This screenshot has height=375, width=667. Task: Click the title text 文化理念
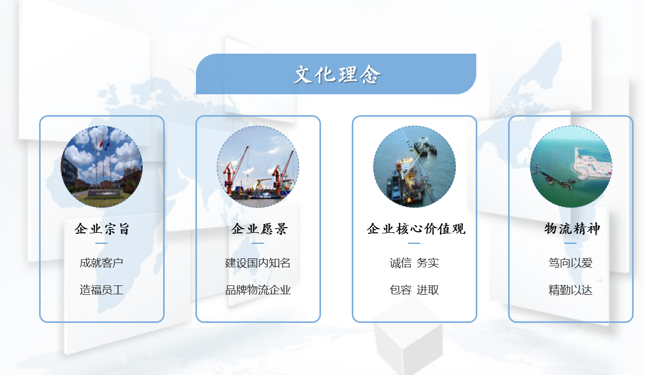(337, 74)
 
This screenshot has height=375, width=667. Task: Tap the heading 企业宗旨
(102, 229)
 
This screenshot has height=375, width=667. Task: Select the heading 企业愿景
(259, 229)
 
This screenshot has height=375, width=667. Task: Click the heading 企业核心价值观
(416, 229)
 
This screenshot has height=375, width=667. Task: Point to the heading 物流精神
(572, 229)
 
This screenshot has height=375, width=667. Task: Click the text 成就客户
(101, 263)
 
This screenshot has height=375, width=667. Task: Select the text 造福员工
(101, 290)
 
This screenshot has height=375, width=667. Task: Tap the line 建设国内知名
(257, 263)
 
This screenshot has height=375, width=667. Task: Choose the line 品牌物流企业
(257, 290)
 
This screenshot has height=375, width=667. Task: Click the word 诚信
(401, 263)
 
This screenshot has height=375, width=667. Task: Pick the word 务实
(428, 263)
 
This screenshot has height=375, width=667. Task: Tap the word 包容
(401, 290)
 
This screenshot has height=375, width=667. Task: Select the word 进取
(428, 290)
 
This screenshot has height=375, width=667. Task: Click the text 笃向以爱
(570, 263)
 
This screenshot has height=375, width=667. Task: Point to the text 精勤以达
(570, 290)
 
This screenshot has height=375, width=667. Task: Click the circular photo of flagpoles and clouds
(102, 167)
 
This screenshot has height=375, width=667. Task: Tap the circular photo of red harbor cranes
(258, 167)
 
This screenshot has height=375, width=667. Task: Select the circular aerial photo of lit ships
(414, 167)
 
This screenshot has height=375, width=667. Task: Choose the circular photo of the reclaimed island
(571, 167)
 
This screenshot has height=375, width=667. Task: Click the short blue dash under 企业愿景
(257, 243)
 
